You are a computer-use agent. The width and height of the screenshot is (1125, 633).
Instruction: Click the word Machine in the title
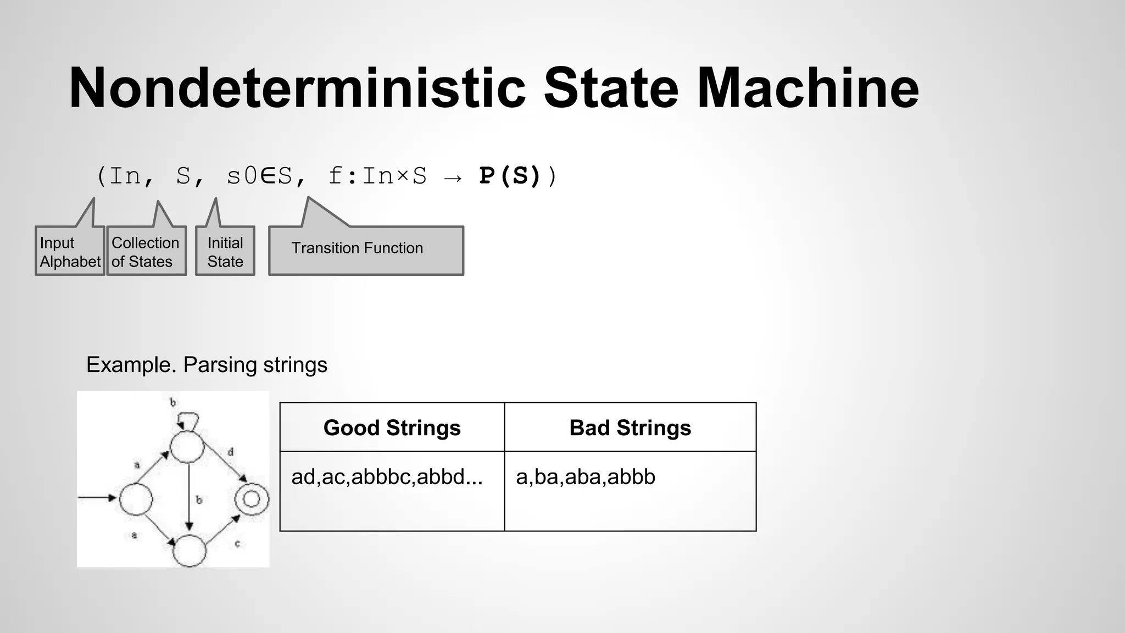tap(807, 88)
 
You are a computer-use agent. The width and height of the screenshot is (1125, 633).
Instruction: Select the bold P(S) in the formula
tap(510, 176)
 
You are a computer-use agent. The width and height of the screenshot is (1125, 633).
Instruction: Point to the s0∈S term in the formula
tap(259, 176)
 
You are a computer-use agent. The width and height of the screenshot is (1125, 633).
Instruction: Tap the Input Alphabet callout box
tap(70, 252)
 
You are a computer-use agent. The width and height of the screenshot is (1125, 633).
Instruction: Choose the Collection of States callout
tap(146, 252)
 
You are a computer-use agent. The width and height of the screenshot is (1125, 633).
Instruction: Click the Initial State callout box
tap(225, 252)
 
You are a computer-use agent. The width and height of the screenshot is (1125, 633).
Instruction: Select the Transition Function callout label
tap(357, 248)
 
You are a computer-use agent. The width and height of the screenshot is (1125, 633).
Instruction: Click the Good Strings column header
tap(392, 427)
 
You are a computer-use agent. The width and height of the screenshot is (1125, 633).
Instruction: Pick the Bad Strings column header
tap(630, 427)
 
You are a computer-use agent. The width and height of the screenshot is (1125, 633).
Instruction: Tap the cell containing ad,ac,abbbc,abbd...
tap(387, 476)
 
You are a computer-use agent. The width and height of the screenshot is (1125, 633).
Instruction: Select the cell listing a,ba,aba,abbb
tap(586, 476)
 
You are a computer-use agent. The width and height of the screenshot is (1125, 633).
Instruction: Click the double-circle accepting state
tap(252, 499)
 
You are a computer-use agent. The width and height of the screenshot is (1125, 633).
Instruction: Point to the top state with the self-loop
tap(187, 447)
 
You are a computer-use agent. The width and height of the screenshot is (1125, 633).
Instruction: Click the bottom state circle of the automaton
tap(190, 550)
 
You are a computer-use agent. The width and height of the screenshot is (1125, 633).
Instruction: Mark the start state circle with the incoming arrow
tap(136, 499)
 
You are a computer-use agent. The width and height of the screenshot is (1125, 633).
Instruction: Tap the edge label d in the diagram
tap(231, 452)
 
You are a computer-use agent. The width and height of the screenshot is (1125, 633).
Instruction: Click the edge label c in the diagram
tap(237, 543)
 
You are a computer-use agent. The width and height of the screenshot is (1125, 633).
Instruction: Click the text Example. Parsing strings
tap(207, 365)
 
